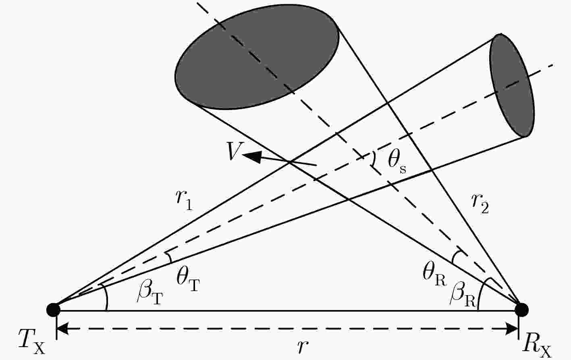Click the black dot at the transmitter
point(54,310)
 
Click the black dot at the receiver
point(521,310)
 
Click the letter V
point(235,151)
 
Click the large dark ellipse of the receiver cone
point(257,57)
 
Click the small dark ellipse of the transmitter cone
point(512,85)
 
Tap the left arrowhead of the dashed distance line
point(63,329)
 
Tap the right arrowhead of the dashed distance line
point(512,329)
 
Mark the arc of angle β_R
point(480,293)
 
